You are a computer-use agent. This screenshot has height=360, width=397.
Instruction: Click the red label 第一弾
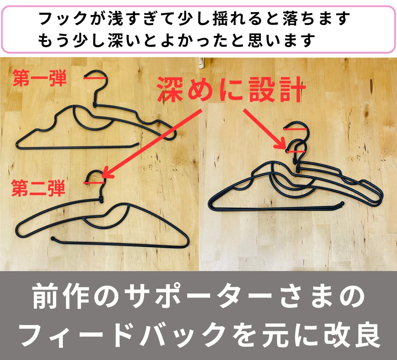pyautogui.click(x=39, y=78)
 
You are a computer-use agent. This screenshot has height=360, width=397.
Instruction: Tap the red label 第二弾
pyautogui.click(x=38, y=188)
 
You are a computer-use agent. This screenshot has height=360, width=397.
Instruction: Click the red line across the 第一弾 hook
pyautogui.click(x=95, y=78)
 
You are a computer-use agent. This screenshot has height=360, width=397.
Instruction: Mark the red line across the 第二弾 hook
pyautogui.click(x=94, y=183)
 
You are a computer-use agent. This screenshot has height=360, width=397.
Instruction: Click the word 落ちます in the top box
pyautogui.click(x=316, y=18)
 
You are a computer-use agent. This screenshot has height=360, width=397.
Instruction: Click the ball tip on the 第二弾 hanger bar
pyautogui.click(x=53, y=238)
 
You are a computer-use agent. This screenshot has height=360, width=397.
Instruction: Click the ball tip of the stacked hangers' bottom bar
pyautogui.click(x=342, y=203)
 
